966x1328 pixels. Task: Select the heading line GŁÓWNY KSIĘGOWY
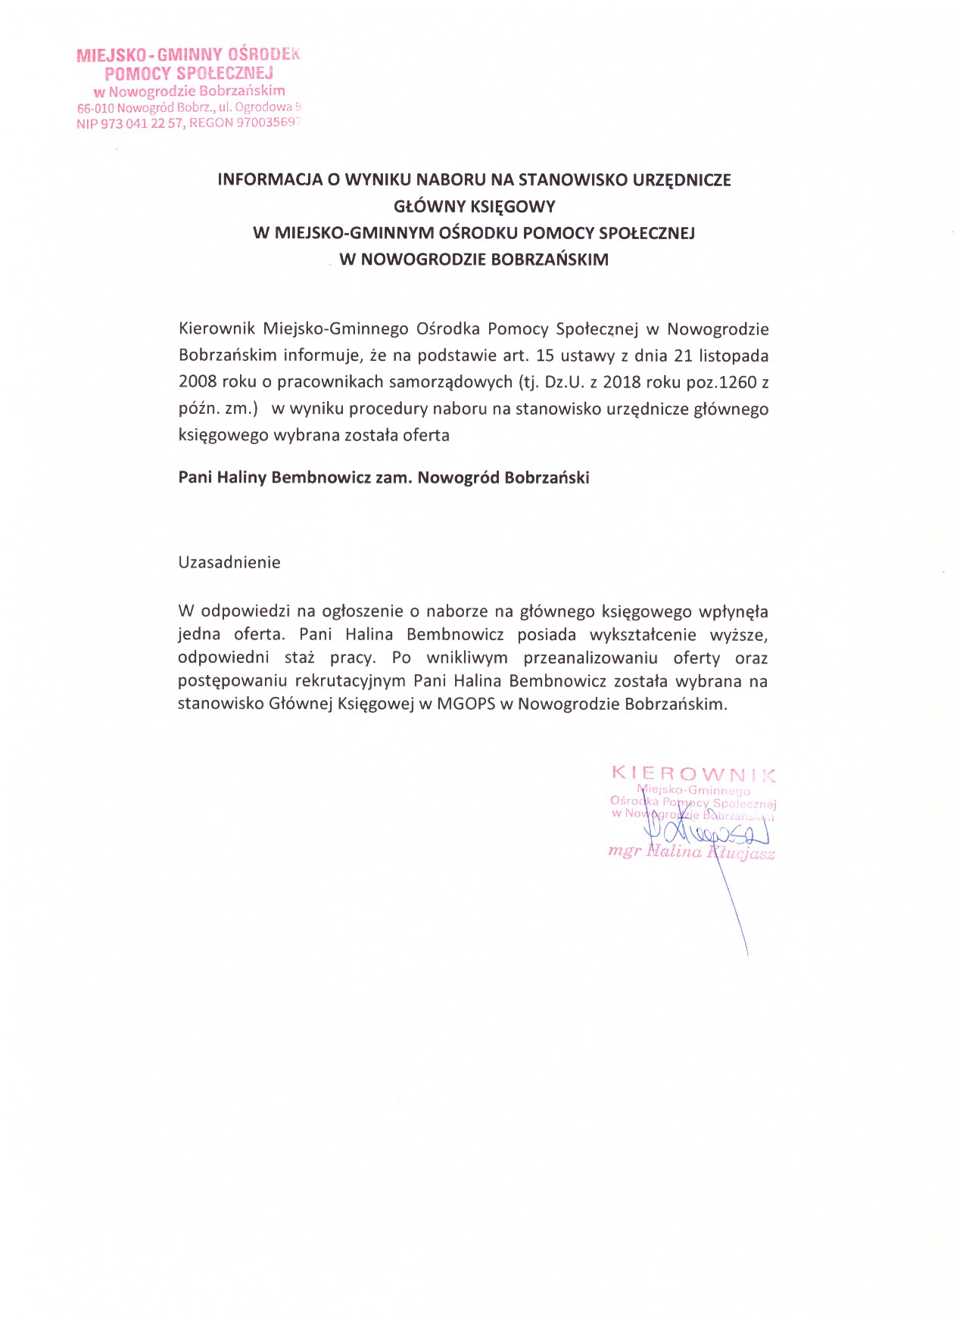click(475, 207)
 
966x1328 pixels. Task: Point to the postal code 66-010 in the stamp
click(95, 108)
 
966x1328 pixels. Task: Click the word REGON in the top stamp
click(211, 123)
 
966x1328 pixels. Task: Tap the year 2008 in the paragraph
click(198, 382)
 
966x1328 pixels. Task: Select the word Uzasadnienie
click(229, 562)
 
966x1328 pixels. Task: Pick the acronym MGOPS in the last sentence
click(466, 704)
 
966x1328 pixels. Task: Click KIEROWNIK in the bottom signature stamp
click(693, 774)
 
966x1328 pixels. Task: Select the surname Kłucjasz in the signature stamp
click(741, 853)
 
